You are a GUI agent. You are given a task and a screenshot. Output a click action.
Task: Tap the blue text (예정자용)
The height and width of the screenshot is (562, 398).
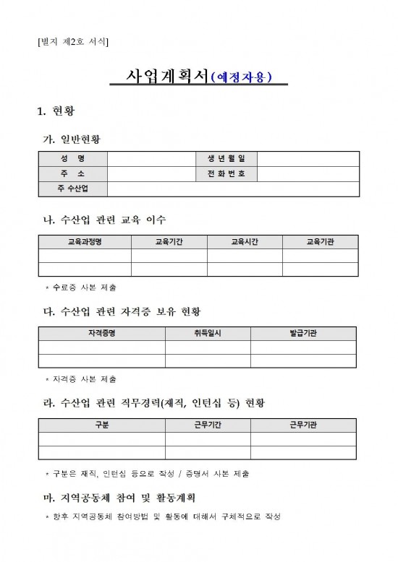pos(241,78)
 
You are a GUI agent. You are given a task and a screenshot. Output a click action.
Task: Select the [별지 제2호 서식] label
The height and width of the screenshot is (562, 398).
pos(72,42)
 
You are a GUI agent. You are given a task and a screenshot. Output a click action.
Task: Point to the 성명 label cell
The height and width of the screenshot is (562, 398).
pos(72,158)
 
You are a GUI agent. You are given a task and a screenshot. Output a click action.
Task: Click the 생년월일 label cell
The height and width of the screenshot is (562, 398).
pos(221,158)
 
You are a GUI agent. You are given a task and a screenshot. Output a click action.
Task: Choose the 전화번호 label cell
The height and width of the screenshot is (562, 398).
pos(221,173)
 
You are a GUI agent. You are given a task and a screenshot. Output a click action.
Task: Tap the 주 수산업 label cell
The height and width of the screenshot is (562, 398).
pos(72,189)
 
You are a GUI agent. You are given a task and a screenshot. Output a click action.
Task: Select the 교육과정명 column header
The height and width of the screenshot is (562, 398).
pos(85,242)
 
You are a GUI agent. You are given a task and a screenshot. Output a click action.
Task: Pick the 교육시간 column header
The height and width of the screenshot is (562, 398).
pos(245,242)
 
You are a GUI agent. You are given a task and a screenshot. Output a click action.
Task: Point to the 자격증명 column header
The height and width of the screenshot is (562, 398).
pos(101,333)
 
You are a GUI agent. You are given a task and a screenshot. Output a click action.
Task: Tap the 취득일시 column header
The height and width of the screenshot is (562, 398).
pos(208,333)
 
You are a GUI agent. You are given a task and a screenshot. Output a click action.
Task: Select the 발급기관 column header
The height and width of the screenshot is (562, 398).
pos(303,333)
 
